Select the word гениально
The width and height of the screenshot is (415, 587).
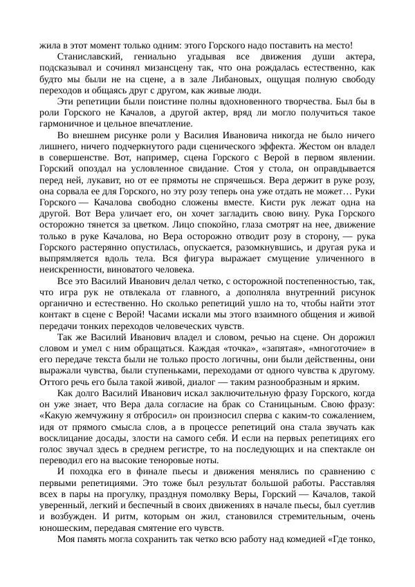pyautogui.click(x=167, y=56)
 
